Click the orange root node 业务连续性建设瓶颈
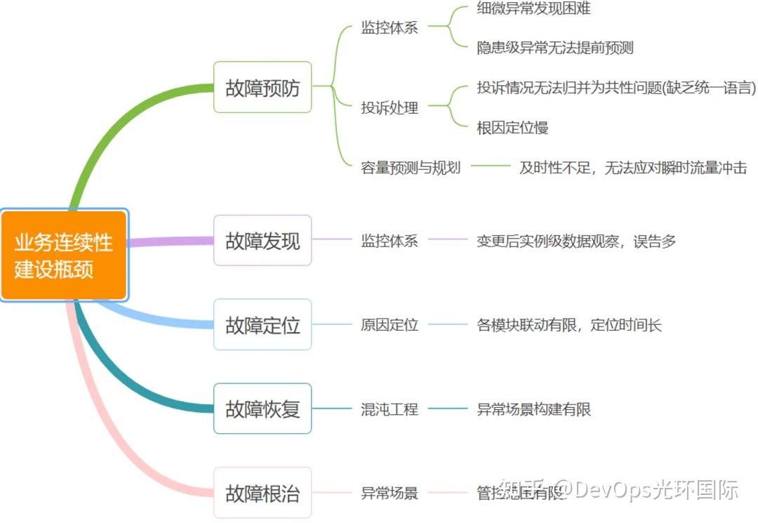[x=64, y=255]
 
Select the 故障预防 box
[x=262, y=87]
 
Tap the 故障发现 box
[x=262, y=241]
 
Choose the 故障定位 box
[x=262, y=325]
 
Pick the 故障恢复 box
[x=262, y=409]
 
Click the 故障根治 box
[x=262, y=493]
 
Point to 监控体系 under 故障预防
[x=390, y=28]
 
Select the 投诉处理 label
[x=390, y=107]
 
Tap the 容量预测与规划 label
[x=411, y=168]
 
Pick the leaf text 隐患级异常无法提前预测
[x=555, y=48]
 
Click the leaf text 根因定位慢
[x=512, y=128]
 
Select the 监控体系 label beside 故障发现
[x=390, y=241]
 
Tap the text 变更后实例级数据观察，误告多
[x=576, y=241]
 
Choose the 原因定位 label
[x=390, y=325]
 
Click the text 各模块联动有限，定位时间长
[x=569, y=325]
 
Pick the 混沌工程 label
[x=390, y=409]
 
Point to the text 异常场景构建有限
[x=534, y=409]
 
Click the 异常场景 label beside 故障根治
[x=390, y=493]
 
